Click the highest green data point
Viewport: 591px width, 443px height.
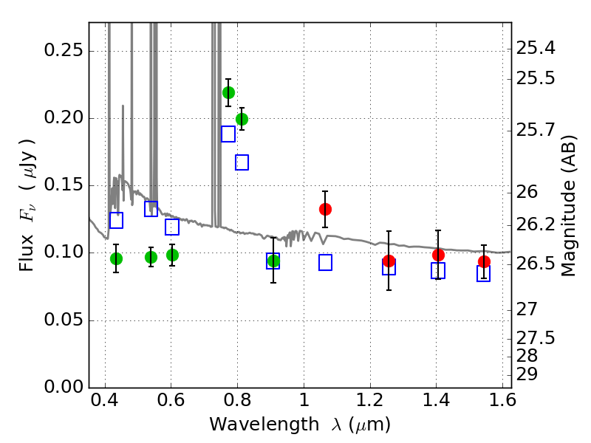pyautogui.click(x=228, y=92)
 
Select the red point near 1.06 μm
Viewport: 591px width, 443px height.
pyautogui.click(x=325, y=209)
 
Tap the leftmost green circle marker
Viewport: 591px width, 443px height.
pyautogui.click(x=116, y=258)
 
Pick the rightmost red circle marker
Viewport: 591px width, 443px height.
pyautogui.click(x=484, y=261)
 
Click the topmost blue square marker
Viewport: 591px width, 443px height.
pyautogui.click(x=228, y=134)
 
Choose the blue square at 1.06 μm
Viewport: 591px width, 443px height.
pyautogui.click(x=325, y=262)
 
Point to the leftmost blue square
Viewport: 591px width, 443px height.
pyautogui.click(x=116, y=220)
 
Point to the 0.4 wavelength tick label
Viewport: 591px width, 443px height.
pyautogui.click(x=106, y=404)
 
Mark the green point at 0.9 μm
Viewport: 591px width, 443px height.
pyautogui.click(x=273, y=261)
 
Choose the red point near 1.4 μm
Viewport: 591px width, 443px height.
pyautogui.click(x=438, y=255)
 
